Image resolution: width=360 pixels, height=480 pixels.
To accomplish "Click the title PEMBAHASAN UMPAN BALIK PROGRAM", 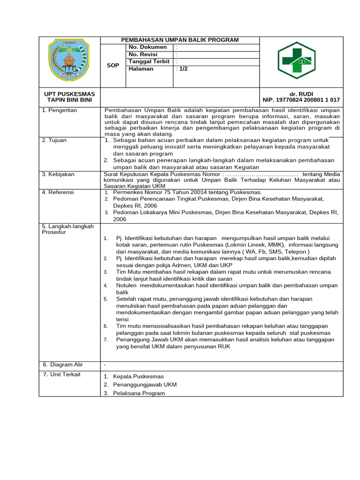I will [x=180, y=40].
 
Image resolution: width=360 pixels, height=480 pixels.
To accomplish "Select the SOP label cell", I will [x=113, y=66].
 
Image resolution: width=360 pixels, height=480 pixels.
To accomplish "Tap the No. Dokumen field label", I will [x=148, y=47].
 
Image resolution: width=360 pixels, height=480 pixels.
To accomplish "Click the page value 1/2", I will [x=182, y=68].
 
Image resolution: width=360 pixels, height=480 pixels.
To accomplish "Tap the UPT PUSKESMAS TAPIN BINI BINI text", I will [x=69, y=97].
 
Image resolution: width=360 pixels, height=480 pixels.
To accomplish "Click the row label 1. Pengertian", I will [x=60, y=110].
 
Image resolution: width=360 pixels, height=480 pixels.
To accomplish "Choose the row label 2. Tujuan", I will [x=54, y=140].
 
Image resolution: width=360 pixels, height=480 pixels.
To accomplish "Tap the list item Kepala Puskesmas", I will [x=138, y=376].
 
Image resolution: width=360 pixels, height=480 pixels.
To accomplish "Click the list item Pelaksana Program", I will [x=139, y=393].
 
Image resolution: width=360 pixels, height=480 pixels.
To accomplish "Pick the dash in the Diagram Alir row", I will [x=105, y=365].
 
